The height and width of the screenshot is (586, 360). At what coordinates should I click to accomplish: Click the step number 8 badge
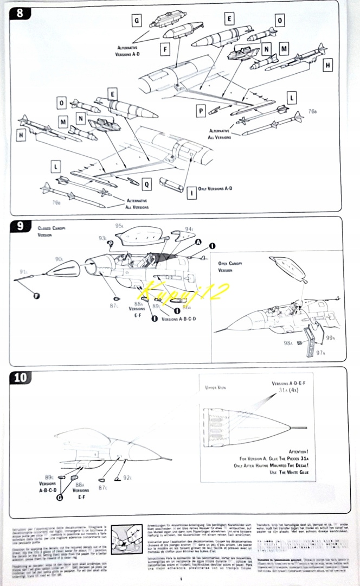coord(19,14)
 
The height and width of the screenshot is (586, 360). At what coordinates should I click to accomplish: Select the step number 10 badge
coord(22,377)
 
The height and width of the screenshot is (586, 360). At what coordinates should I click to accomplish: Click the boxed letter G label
coord(137,21)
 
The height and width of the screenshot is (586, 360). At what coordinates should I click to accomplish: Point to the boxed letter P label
coord(201,110)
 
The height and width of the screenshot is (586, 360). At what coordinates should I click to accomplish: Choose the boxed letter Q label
coord(146,184)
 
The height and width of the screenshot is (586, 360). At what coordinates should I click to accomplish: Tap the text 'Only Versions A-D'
coord(215,188)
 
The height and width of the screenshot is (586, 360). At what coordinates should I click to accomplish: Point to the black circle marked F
coord(37,295)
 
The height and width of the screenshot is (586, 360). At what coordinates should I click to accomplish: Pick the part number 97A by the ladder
coord(320,352)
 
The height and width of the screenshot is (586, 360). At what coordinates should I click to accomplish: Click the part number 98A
coord(287,342)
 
